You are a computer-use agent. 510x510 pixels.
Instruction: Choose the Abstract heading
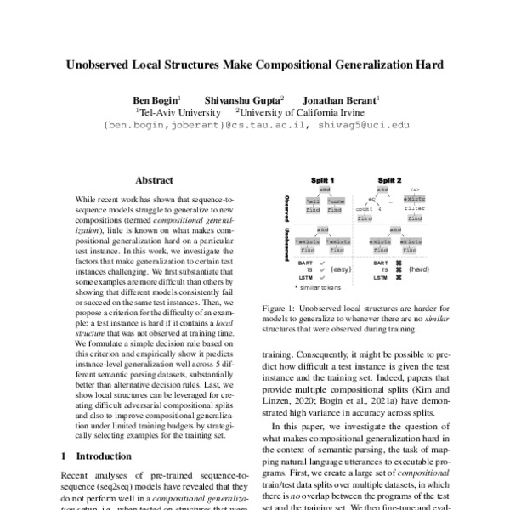coord(155,180)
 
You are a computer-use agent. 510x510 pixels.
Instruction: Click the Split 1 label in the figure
coord(324,181)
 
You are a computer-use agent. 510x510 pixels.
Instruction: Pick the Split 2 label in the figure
coord(391,181)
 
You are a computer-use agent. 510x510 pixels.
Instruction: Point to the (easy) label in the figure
coord(343,269)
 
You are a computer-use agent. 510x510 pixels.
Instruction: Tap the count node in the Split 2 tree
coord(365,207)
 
